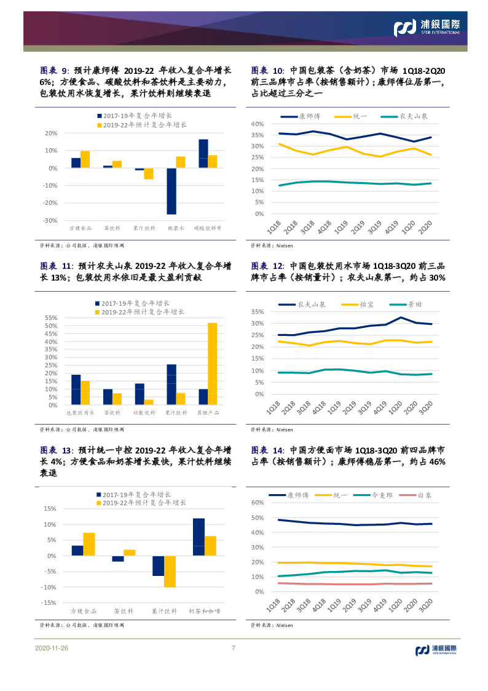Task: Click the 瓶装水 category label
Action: click(176, 228)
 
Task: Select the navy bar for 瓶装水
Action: click(171, 191)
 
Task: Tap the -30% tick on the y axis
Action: click(51, 220)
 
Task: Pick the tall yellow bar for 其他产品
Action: click(212, 364)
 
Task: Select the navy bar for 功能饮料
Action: click(140, 394)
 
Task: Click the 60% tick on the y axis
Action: click(257, 503)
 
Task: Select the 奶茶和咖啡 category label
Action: click(203, 612)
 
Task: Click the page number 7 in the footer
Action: click(233, 648)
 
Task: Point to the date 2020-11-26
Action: click(52, 649)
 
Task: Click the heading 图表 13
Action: click(57, 450)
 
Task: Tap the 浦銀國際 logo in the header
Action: click(427, 26)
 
